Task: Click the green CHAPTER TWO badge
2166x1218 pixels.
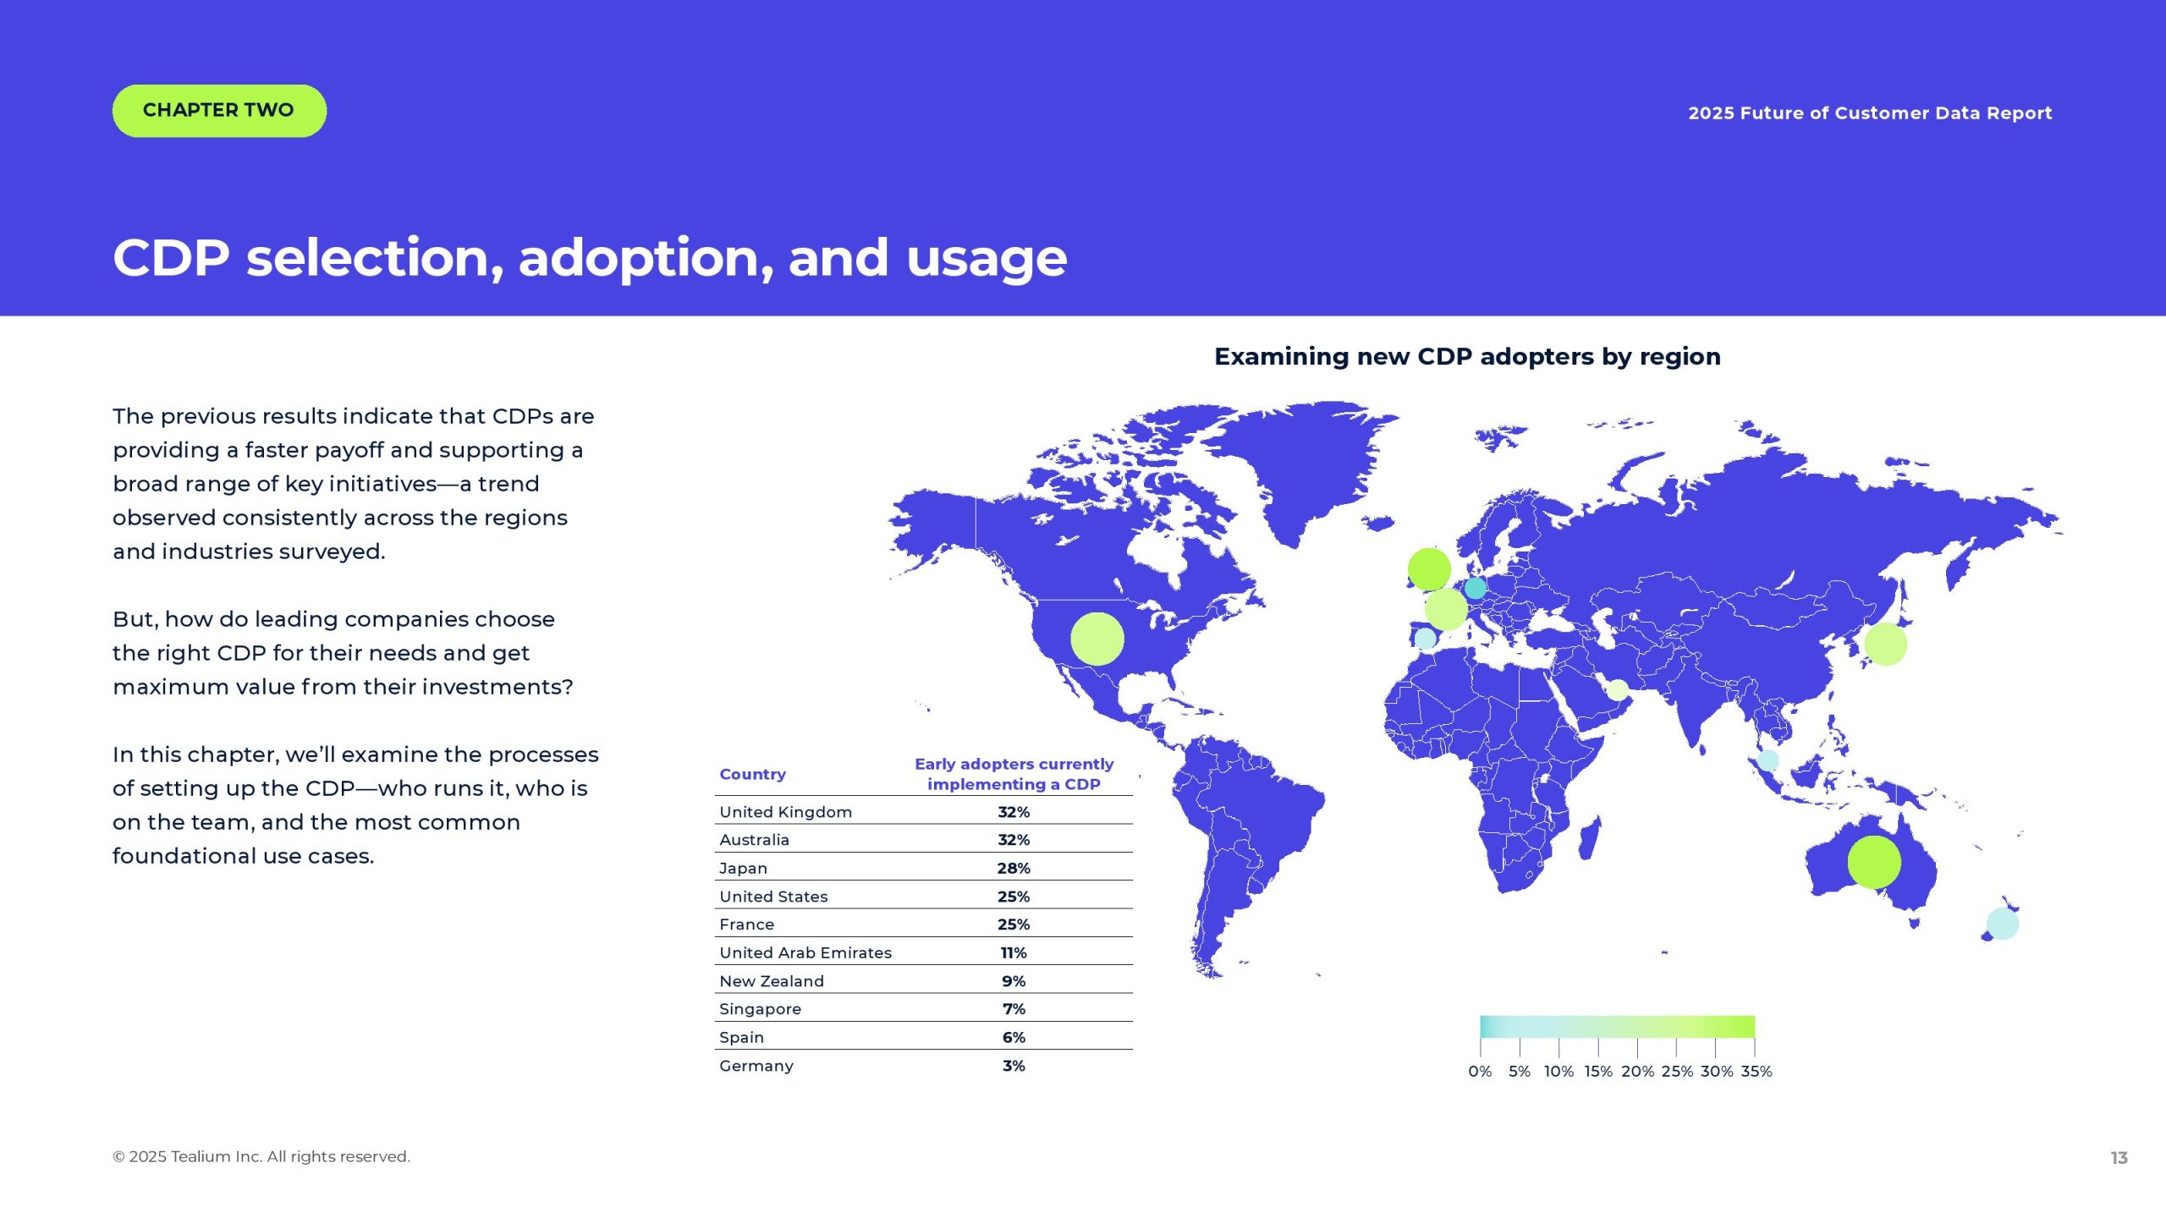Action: (x=219, y=111)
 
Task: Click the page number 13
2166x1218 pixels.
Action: (x=2119, y=1158)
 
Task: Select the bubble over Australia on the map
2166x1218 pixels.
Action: (x=1874, y=862)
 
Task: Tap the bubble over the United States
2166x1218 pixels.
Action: (x=1097, y=639)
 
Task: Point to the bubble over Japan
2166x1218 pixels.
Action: (x=1886, y=644)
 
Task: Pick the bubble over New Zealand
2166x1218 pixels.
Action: (x=2003, y=924)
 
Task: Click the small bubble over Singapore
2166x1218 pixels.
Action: (x=1768, y=760)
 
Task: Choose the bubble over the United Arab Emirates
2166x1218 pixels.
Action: (x=1617, y=690)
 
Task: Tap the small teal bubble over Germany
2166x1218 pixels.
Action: (x=1475, y=587)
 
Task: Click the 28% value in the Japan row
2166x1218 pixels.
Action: (x=1014, y=868)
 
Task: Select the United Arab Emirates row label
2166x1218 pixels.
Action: (x=805, y=952)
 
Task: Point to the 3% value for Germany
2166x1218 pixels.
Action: (x=1014, y=1066)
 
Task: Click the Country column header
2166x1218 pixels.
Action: (x=753, y=774)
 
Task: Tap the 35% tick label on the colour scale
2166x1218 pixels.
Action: (x=1756, y=1072)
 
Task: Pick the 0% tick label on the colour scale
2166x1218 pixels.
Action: (x=1480, y=1072)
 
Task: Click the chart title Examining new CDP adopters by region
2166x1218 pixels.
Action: (x=1468, y=357)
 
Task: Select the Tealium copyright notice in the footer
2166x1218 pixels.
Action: (x=261, y=1157)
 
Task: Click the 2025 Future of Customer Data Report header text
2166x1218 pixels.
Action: (x=1871, y=113)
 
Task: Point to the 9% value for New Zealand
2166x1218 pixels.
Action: (x=1014, y=981)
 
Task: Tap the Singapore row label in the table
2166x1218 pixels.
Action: (x=761, y=1009)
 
